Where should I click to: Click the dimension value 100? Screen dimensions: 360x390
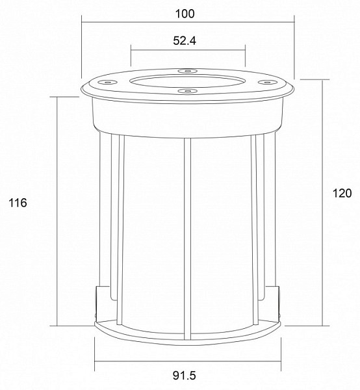coord(185,14)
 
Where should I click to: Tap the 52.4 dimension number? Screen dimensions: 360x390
coord(185,41)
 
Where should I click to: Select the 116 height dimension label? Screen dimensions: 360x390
coord(18,203)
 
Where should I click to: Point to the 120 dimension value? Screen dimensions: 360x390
coord(342,193)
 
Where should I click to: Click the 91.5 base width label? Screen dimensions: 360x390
coord(185,375)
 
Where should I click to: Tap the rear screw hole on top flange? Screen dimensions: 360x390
coord(188,71)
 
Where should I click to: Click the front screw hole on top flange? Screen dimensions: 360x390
coord(188,91)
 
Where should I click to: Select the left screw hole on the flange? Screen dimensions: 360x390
coord(108,82)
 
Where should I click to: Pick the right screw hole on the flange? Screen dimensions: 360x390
coord(268,82)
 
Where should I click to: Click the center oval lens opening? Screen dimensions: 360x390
coord(188,81)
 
